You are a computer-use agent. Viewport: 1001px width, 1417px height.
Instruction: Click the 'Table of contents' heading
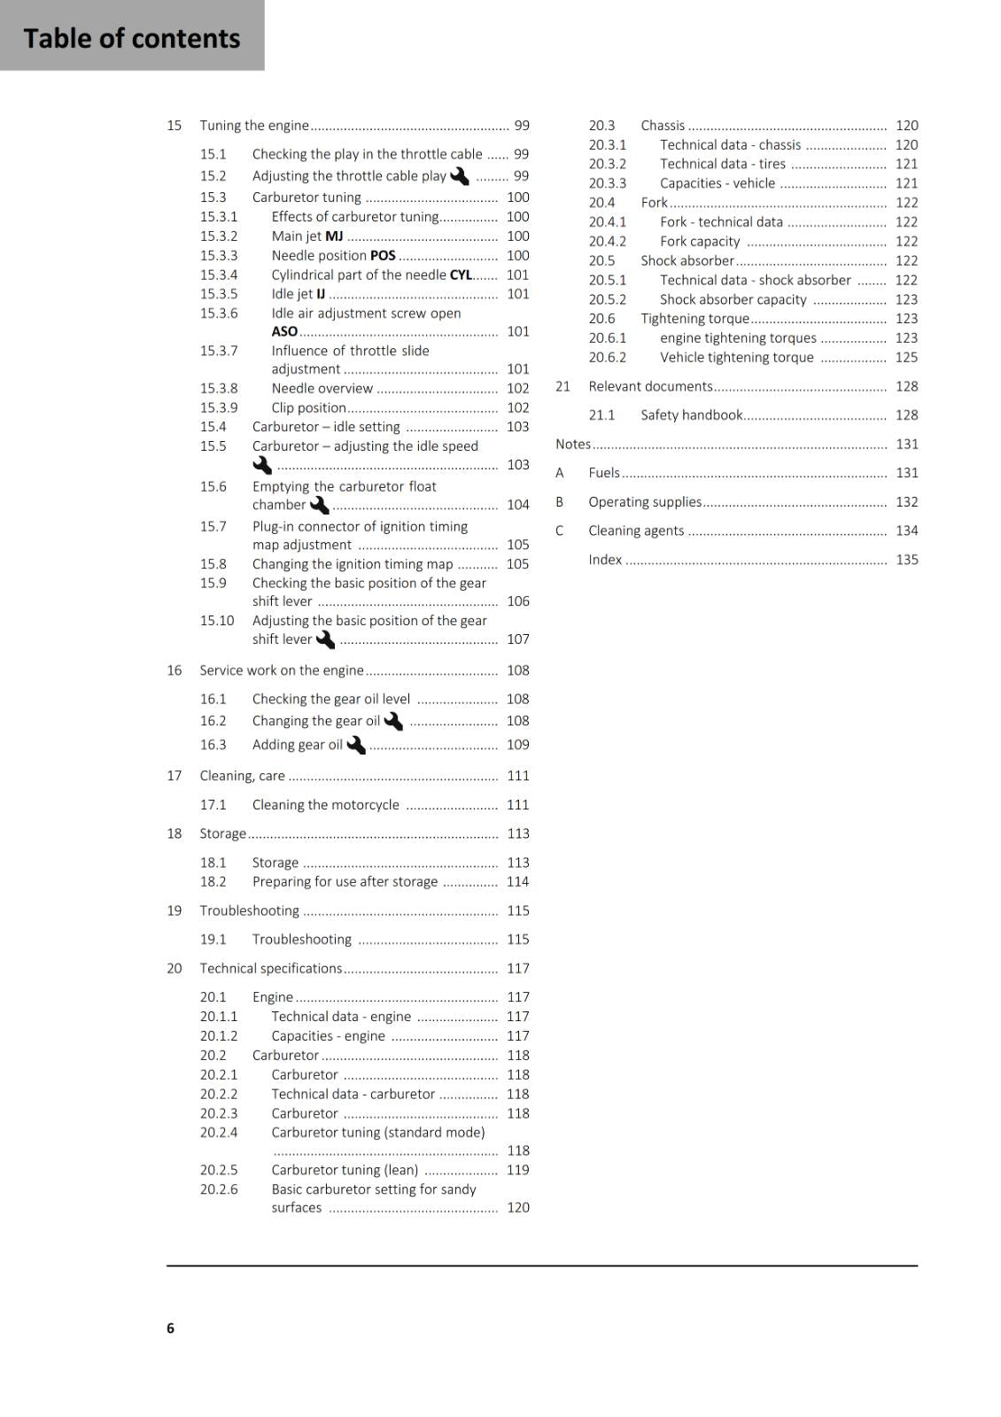click(131, 38)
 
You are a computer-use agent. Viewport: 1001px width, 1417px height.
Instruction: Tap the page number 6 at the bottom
click(170, 1328)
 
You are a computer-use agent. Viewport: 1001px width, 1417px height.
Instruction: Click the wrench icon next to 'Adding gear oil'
click(356, 745)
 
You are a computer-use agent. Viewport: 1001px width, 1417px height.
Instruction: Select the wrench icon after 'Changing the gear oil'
click(393, 721)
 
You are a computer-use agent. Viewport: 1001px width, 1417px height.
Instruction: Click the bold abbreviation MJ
click(334, 236)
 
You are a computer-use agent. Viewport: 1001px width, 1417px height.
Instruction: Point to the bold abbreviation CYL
click(461, 275)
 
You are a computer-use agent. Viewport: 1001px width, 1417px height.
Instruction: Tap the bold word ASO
click(284, 331)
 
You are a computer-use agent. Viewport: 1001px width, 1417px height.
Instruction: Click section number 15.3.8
click(219, 388)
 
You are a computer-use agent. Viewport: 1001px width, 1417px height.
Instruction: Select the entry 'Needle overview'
click(322, 388)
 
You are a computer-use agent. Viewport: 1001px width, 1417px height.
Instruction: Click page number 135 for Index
click(906, 560)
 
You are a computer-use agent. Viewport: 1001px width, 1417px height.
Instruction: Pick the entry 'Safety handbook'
click(691, 414)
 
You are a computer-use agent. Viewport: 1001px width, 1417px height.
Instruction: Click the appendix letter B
click(560, 501)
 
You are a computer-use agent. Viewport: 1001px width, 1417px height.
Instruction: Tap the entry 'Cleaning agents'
click(636, 530)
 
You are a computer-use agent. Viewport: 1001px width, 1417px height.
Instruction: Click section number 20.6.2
click(607, 357)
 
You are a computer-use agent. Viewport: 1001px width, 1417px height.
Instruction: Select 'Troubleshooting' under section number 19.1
click(301, 939)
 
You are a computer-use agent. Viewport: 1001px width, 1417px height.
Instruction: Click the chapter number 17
click(175, 776)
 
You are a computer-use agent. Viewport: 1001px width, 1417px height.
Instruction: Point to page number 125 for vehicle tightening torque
click(906, 357)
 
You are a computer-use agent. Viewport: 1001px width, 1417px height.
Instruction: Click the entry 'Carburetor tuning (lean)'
click(345, 1170)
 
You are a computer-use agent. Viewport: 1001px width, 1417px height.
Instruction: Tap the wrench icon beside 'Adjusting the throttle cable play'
click(460, 176)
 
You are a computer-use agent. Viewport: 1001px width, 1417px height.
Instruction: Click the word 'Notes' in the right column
click(572, 444)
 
